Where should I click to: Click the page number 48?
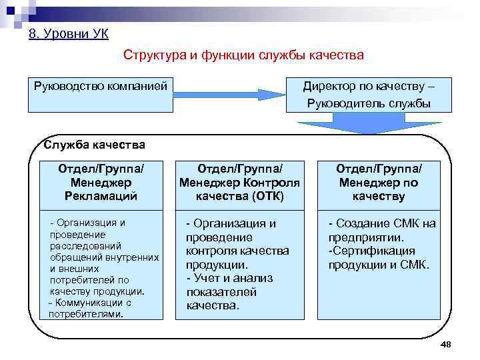[446, 343]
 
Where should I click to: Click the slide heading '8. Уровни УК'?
[69, 34]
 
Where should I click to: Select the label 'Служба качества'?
[94, 145]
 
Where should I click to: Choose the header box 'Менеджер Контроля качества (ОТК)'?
[239, 182]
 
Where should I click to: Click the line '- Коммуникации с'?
[91, 303]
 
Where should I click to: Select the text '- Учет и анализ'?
[229, 278]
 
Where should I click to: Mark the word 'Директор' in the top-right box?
[331, 86]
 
